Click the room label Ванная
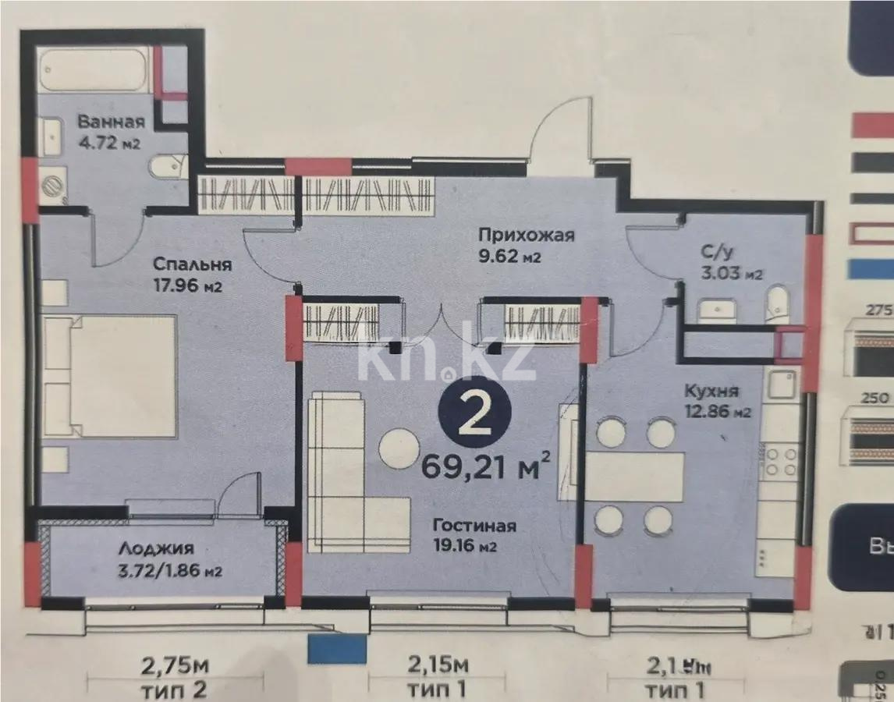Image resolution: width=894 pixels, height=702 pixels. (x=111, y=122)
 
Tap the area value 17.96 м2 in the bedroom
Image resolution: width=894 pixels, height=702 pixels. (x=189, y=285)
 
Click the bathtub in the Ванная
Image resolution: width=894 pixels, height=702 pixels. (x=94, y=69)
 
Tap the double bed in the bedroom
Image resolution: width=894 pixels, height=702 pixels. (x=110, y=377)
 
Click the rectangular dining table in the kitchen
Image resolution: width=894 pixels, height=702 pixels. (x=634, y=476)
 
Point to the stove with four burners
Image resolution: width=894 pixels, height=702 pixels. (x=779, y=460)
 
